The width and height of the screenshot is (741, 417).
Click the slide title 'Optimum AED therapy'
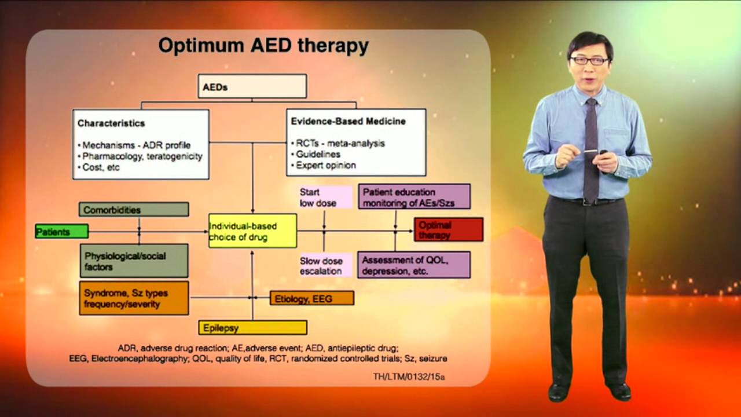coord(263,46)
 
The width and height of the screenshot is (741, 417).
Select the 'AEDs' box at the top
coord(252,87)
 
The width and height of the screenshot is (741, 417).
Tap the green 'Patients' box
coord(61,232)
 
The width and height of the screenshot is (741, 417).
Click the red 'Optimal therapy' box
coord(448,229)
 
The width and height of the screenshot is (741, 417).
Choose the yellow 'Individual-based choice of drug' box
coord(252,231)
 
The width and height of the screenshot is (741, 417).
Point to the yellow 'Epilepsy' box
coord(252,328)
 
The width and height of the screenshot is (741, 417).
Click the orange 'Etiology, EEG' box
coord(311,298)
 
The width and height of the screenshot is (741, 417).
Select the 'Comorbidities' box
coord(134,210)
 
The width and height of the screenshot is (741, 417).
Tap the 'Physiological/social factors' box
coord(134,261)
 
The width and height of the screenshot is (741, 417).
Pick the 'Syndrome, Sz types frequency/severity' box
coord(134,298)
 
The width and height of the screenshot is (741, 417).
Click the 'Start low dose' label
coord(325,197)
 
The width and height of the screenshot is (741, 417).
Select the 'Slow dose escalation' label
coord(325,266)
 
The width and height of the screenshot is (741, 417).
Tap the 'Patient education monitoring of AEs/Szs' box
coord(414,197)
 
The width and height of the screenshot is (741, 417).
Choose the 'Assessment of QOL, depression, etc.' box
coord(413,265)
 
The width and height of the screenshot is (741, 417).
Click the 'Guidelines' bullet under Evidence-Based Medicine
coord(318,154)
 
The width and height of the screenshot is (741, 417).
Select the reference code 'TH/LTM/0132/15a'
coord(409,377)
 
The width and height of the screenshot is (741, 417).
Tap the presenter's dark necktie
coord(591,151)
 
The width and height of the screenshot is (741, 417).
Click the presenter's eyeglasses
coord(589,60)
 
